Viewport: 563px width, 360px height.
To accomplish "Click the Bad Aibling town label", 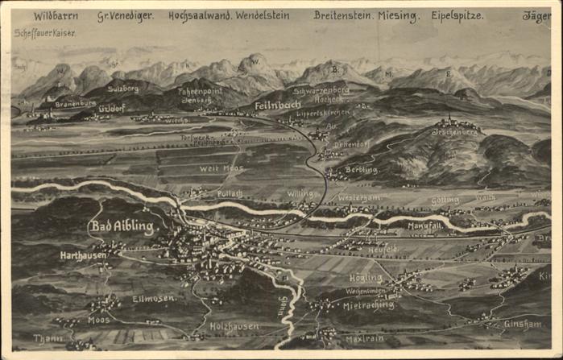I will [122, 226].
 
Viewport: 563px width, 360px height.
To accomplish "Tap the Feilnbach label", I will [278, 106].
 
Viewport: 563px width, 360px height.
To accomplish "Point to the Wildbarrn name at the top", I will [56, 16].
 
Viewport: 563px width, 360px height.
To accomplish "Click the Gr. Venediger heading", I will [125, 16].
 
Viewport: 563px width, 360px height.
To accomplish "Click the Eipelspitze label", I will [457, 16].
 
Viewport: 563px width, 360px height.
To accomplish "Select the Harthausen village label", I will [84, 255].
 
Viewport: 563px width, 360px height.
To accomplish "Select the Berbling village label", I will [362, 171].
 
